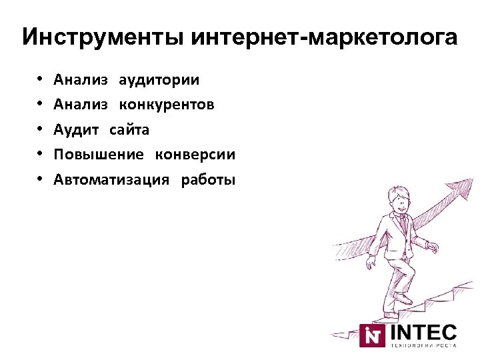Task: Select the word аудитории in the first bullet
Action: (159, 81)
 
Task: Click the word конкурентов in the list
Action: (167, 105)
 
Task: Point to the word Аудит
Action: (76, 130)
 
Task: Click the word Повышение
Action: (99, 155)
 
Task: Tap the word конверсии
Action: (195, 155)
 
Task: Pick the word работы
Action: (208, 179)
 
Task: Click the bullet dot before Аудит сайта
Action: (40, 130)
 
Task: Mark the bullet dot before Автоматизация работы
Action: (40, 179)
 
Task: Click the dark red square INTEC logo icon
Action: (372, 335)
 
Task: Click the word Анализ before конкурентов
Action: (81, 105)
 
